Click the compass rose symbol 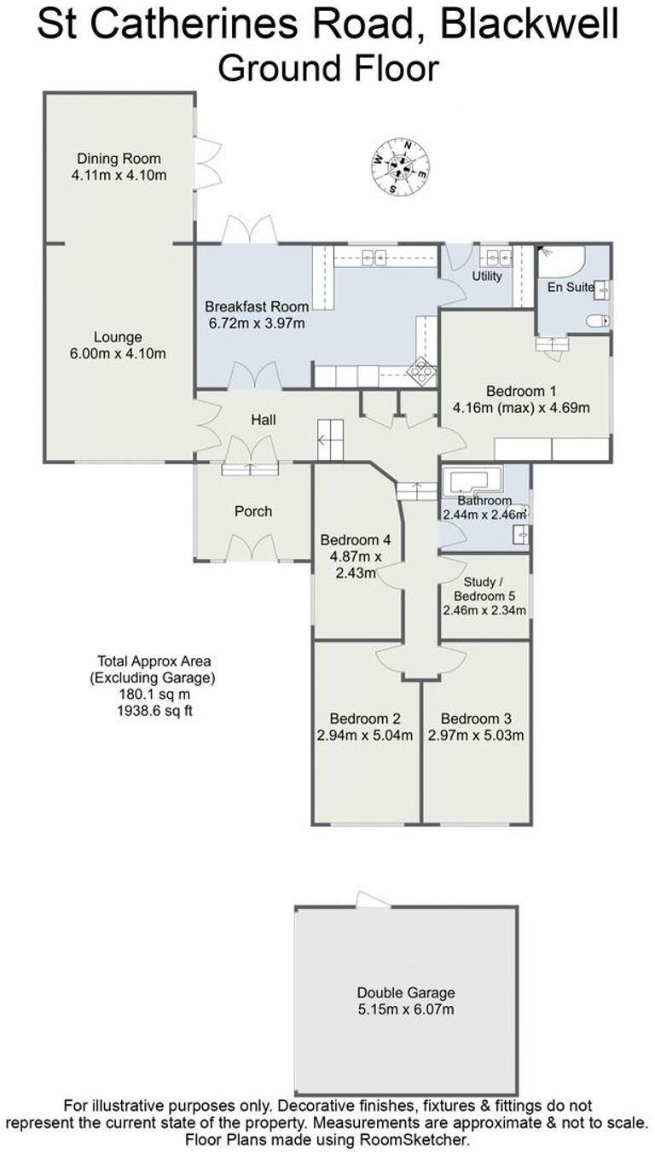tap(400, 165)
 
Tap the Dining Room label tap(119, 159)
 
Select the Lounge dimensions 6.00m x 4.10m tap(119, 353)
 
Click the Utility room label tap(487, 276)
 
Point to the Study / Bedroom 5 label tap(484, 588)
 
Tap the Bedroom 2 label tap(365, 719)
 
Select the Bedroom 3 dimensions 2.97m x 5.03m tap(476, 736)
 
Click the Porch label tap(253, 511)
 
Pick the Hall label tap(263, 420)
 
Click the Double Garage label tap(406, 992)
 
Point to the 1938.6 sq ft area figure tap(154, 710)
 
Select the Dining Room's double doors tap(206, 163)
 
